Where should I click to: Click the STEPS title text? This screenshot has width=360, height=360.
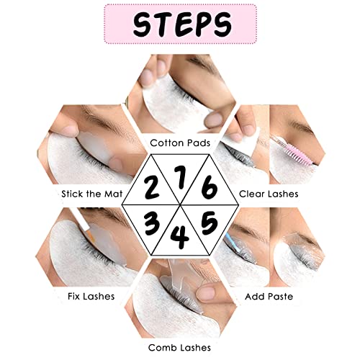[x=182, y=24]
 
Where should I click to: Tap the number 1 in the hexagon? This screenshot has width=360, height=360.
[x=181, y=177]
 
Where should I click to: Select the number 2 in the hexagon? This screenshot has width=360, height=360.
[x=151, y=187]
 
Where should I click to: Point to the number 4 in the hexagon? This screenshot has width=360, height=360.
[x=181, y=238]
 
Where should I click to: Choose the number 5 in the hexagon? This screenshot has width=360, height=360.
[x=210, y=223]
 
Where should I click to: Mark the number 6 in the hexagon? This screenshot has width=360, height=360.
[x=210, y=187]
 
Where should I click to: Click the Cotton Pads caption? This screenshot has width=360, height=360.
[x=180, y=143]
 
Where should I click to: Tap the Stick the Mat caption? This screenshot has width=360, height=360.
[x=92, y=194]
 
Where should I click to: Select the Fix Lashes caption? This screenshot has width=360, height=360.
[x=91, y=296]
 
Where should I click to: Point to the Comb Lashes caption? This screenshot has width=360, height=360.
[x=179, y=348]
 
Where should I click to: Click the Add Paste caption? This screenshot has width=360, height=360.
[x=269, y=297]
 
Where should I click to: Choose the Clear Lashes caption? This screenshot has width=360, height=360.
[x=269, y=194]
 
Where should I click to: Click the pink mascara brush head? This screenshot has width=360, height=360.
[x=300, y=153]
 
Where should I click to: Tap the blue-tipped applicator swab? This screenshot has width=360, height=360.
[x=232, y=243]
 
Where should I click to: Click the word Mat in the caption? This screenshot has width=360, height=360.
[x=113, y=194]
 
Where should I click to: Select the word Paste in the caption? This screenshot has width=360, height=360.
[x=280, y=297]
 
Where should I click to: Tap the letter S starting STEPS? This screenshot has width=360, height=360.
[x=143, y=24]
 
